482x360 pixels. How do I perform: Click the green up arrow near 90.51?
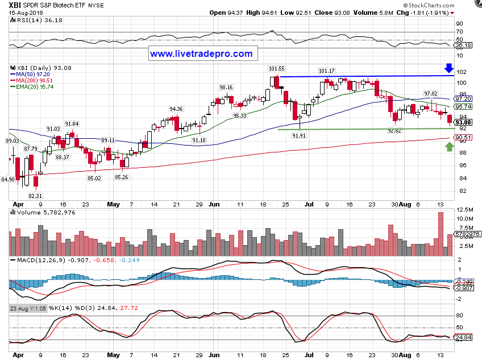point(450,147)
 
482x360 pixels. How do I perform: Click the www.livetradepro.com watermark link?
point(201,54)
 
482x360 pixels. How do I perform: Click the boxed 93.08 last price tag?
point(463,122)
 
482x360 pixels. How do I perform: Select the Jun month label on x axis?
point(214,203)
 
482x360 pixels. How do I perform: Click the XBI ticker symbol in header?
point(15,4)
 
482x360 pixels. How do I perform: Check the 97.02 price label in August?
point(431,93)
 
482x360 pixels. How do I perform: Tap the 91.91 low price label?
point(300,136)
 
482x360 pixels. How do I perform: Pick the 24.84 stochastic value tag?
point(464,337)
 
